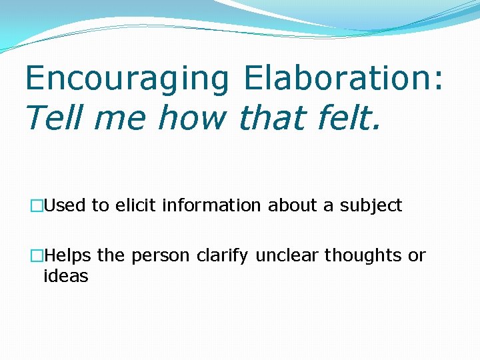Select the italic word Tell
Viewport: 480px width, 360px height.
tap(53, 118)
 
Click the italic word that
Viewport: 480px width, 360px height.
tap(269, 118)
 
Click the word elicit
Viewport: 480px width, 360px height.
tap(136, 206)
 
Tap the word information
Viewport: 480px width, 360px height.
tap(213, 206)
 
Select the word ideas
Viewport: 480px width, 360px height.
tap(65, 276)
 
